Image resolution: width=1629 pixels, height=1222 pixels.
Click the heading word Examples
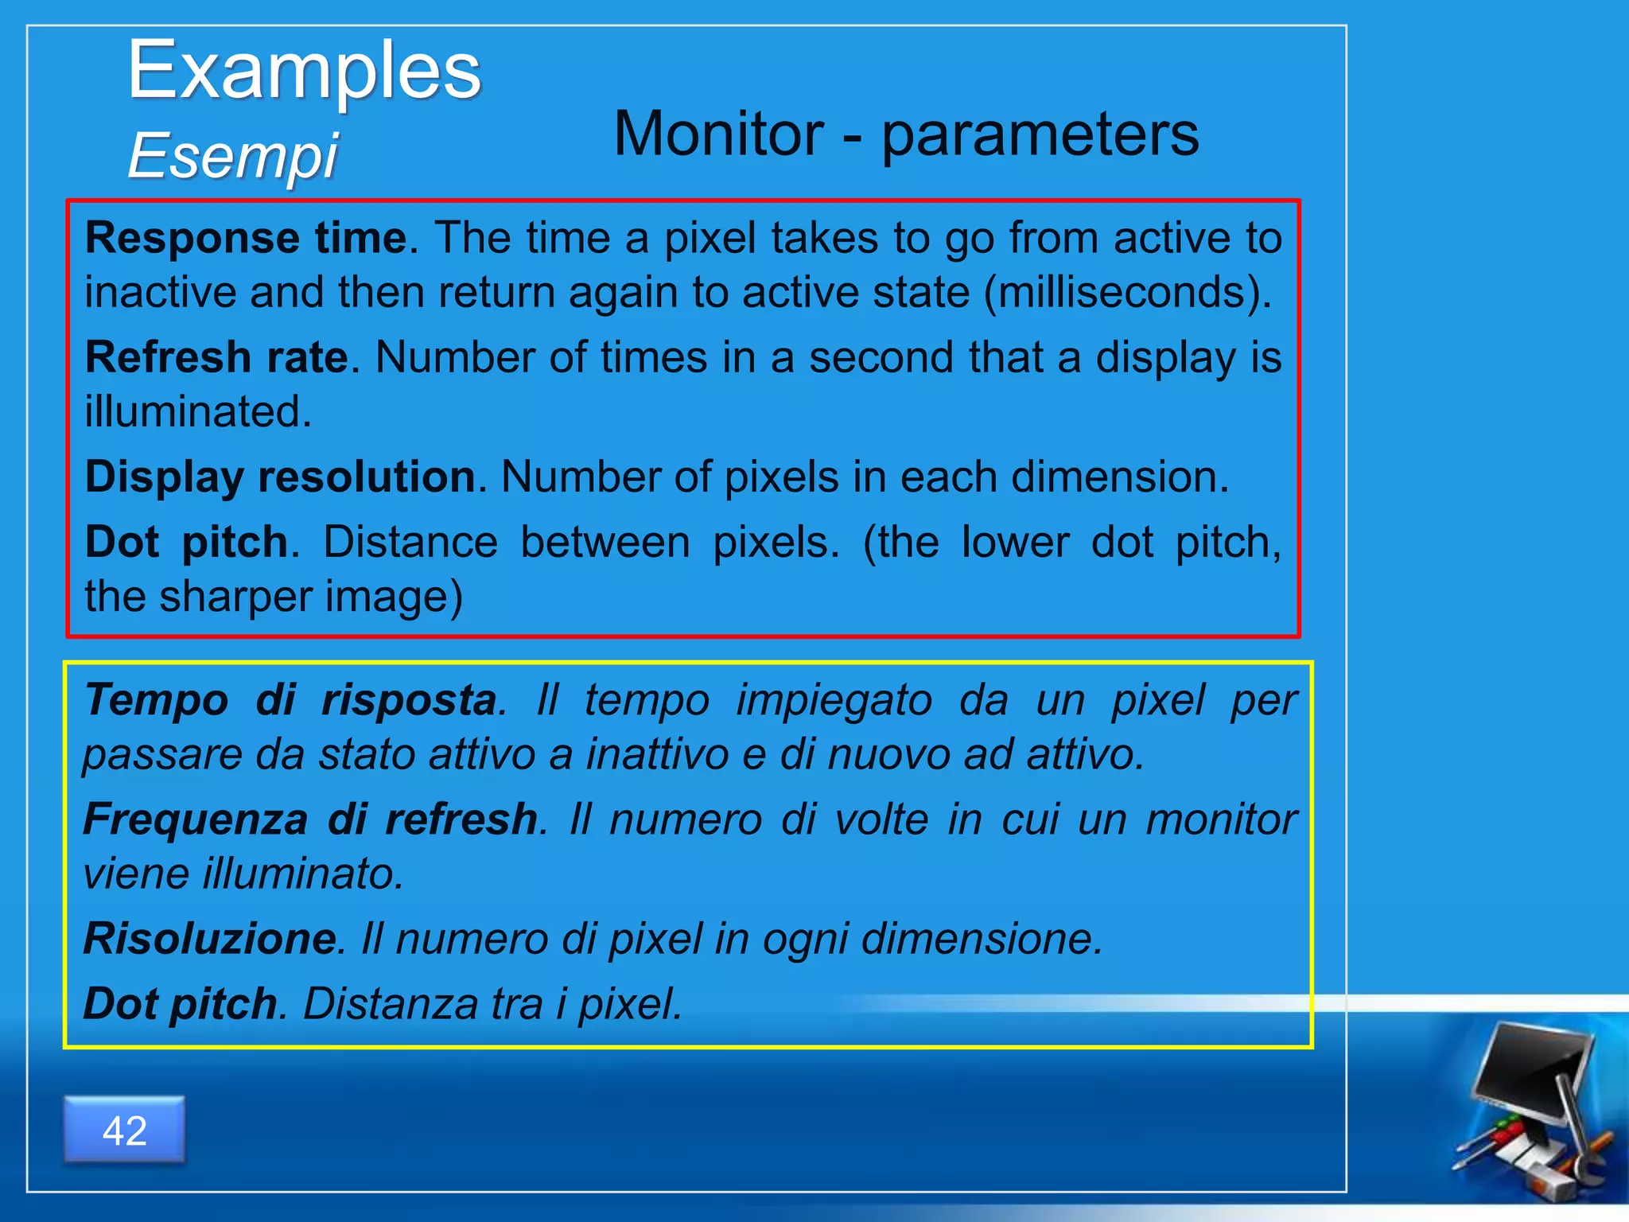304,72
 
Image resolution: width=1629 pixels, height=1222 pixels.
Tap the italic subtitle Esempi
232,155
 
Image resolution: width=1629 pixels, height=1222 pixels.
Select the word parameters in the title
1040,134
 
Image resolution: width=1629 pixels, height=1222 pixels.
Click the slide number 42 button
125,1130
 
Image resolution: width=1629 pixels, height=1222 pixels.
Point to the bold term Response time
246,237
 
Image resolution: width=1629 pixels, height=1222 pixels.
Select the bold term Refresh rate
216,356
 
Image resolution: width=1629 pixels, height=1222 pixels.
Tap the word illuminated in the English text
197,411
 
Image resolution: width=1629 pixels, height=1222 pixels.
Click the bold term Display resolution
280,477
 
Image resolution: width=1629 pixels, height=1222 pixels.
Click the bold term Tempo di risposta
291,700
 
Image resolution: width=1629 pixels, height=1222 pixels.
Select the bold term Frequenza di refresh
310,819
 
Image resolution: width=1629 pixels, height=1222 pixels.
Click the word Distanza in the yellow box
389,1003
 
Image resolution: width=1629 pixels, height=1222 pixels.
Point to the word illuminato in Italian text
302,874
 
